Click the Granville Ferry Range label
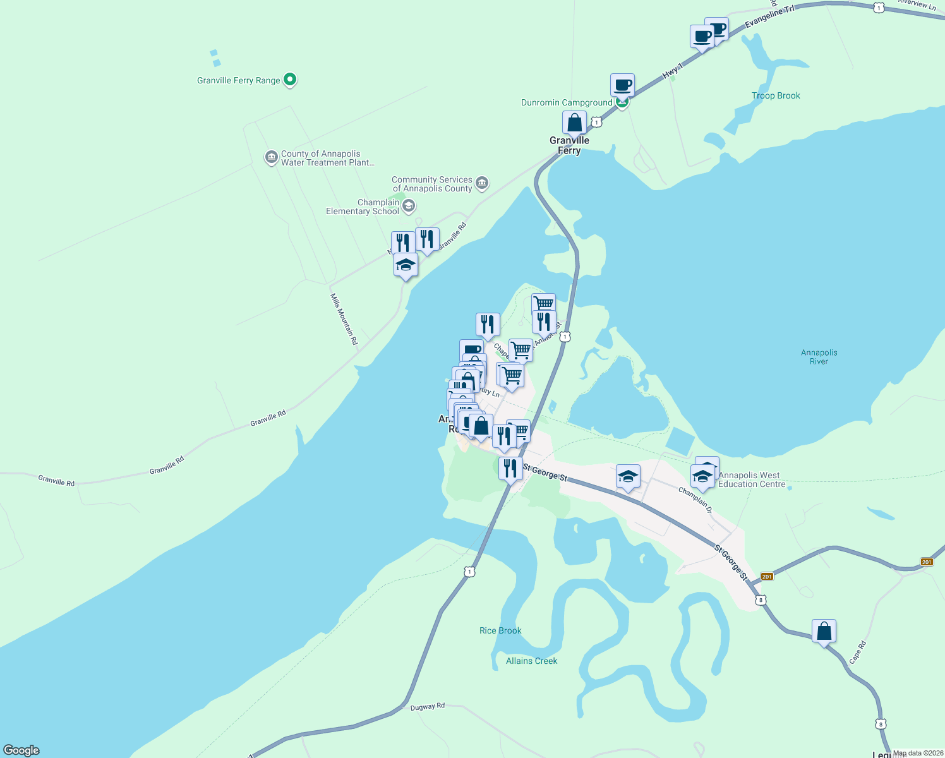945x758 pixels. (238, 80)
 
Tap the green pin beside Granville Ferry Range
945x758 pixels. (290, 80)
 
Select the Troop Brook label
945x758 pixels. (776, 96)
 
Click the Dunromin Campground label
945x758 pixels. (566, 103)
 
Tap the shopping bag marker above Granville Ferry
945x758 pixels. (574, 123)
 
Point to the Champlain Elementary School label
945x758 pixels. (363, 207)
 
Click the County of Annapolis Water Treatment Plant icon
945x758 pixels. (272, 157)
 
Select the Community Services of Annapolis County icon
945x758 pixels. (482, 184)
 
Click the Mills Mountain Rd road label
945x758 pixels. (344, 319)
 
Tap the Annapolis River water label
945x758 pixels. (819, 357)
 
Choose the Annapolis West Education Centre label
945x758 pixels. (752, 480)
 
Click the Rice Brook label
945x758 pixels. (500, 630)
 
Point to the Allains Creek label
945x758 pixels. (531, 661)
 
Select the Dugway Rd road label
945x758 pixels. (427, 707)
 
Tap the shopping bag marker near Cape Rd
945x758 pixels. (824, 631)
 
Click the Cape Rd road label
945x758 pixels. (857, 653)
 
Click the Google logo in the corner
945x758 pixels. (21, 750)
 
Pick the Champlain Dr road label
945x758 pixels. (695, 500)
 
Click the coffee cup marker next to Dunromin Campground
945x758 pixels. (622, 85)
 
